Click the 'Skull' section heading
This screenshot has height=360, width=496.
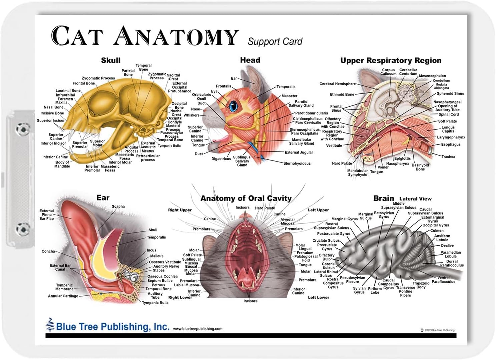point(111,60)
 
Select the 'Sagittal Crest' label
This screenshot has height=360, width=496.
point(173,77)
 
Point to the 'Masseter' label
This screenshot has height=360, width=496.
point(289,96)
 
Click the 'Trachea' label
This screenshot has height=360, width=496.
point(448,157)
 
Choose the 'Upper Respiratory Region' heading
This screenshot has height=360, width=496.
point(391,60)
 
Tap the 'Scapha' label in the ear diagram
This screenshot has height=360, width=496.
point(118,206)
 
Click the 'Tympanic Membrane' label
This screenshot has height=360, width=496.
point(64,287)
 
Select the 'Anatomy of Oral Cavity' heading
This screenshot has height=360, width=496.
point(246,198)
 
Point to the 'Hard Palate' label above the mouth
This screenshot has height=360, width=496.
point(265,208)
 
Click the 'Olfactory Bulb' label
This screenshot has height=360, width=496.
point(327,257)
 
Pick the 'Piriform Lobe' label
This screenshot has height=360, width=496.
point(375,290)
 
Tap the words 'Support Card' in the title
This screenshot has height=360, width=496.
point(275,42)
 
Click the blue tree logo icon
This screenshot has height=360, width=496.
point(50,325)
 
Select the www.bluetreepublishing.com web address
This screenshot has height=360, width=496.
point(198,329)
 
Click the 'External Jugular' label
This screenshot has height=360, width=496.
point(299,152)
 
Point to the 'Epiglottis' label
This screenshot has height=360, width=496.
point(403,159)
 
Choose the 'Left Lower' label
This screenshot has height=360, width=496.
point(318,297)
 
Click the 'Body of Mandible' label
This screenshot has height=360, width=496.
point(62,164)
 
